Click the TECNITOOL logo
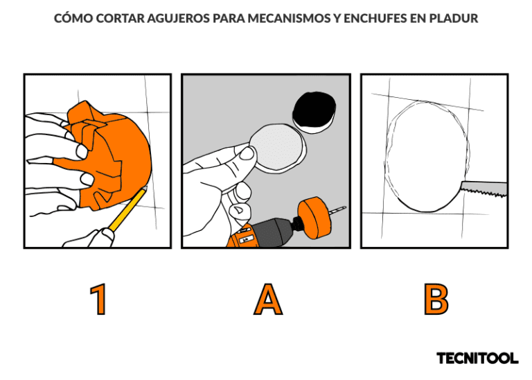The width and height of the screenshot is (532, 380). (477, 358)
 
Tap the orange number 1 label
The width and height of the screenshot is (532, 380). (98, 300)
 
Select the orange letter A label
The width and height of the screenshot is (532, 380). (268, 300)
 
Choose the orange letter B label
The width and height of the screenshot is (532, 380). (436, 300)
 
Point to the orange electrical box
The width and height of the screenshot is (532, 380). (109, 155)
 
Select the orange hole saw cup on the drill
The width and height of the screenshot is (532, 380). (314, 218)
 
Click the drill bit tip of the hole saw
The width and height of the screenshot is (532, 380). (344, 207)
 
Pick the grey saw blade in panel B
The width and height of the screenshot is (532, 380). (484, 189)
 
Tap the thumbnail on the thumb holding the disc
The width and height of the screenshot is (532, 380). (247, 153)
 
